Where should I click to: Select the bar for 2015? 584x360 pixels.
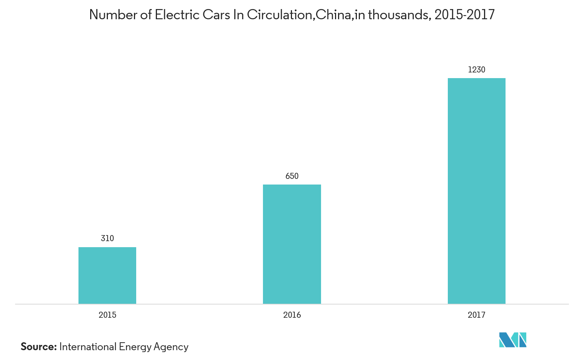tap(107, 275)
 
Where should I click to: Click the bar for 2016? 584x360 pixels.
tap(292, 244)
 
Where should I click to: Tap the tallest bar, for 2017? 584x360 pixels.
tap(476, 191)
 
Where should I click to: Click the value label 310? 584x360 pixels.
tap(107, 238)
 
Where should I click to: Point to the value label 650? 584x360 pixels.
tap(292, 176)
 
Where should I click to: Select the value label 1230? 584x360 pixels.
tap(476, 70)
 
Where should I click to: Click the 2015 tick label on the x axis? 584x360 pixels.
tap(107, 315)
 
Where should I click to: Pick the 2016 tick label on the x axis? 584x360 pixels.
tap(292, 315)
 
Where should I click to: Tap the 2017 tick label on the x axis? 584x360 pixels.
tap(476, 315)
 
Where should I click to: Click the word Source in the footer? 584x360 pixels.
tap(38, 347)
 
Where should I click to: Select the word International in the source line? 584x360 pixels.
tap(88, 347)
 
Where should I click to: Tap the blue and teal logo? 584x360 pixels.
tap(512, 340)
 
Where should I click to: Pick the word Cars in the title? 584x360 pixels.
tap(215, 15)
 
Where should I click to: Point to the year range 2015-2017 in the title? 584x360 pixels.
tap(464, 15)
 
